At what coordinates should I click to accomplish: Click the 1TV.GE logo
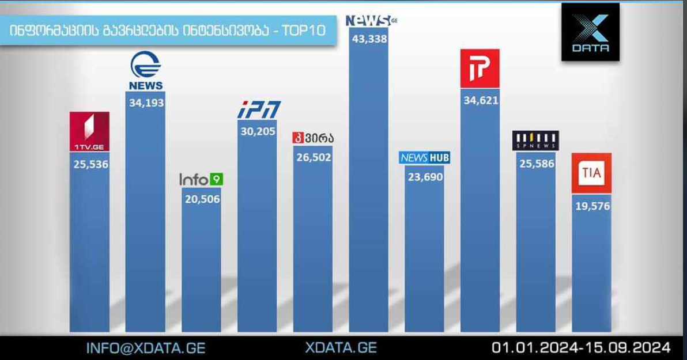89,131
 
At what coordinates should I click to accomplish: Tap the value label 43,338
369,39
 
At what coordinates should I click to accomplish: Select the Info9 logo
201,180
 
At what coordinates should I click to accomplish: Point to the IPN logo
259,109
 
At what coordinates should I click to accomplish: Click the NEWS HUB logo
425,158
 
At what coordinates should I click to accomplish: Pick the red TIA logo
591,173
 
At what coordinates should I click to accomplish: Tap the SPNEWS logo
535,141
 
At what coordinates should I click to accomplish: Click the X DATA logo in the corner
590,32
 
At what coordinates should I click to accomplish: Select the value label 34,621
481,100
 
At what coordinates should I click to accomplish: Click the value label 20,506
201,199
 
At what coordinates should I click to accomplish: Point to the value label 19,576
592,206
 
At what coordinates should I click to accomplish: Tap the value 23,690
425,177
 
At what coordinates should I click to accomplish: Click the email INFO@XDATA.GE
146,348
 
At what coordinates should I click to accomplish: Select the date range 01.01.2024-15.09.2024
581,347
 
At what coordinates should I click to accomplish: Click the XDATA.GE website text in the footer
341,348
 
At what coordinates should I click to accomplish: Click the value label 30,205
258,131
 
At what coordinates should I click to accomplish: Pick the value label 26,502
314,157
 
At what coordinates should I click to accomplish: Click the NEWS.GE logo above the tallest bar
371,21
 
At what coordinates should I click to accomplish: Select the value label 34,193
146,103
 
